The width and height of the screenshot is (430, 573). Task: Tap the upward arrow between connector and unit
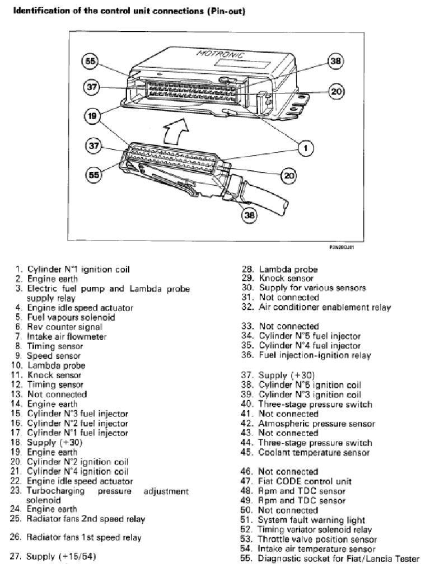(170, 133)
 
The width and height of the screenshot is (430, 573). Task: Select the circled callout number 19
(92, 116)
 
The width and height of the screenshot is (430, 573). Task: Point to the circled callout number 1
(304, 148)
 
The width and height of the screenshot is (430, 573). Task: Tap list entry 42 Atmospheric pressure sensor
(316, 424)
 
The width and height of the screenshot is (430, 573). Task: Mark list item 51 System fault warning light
(311, 520)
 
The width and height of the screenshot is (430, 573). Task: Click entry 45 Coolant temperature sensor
(313, 452)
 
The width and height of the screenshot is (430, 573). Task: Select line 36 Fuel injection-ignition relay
(314, 355)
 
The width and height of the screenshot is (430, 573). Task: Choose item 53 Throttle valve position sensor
(317, 539)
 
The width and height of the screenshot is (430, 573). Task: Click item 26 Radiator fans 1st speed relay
(84, 538)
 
